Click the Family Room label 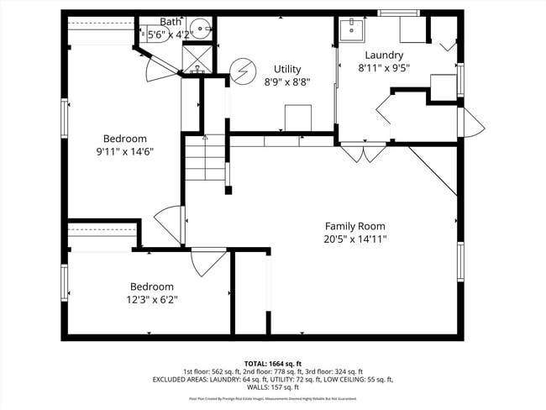pyautogui.click(x=355, y=226)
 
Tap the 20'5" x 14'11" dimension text pyautogui.click(x=355, y=239)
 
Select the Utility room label pyautogui.click(x=287, y=69)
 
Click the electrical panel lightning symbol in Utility pyautogui.click(x=242, y=71)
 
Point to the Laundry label pyautogui.click(x=383, y=55)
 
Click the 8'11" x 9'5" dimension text pyautogui.click(x=383, y=69)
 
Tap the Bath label pyautogui.click(x=171, y=21)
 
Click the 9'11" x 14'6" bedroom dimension pyautogui.click(x=125, y=152)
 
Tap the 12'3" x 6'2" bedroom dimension pyautogui.click(x=151, y=299)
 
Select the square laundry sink pyautogui.click(x=350, y=29)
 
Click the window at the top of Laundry pyautogui.click(x=398, y=13)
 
